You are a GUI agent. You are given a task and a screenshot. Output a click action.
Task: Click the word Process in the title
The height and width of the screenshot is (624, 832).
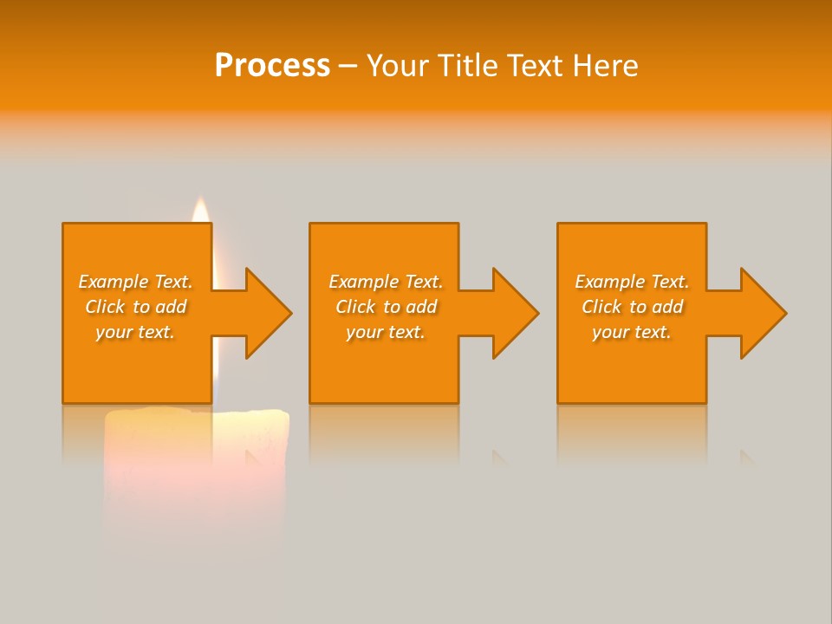click(x=272, y=66)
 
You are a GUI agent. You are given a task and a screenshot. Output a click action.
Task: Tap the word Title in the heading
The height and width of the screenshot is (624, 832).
click(x=469, y=66)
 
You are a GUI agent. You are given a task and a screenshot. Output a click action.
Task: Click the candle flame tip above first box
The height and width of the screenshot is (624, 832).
click(x=200, y=208)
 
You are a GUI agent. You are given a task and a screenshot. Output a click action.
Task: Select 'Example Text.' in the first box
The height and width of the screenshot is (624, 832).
click(x=135, y=282)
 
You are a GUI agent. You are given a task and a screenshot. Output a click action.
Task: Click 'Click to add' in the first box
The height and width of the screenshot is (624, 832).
click(x=135, y=307)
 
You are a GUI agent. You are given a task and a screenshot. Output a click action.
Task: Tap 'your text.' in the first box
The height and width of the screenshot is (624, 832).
click(x=135, y=332)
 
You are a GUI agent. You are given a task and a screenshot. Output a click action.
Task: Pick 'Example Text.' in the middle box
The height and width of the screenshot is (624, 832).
click(x=386, y=282)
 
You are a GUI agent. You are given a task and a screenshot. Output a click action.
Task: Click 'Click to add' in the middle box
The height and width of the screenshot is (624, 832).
click(x=386, y=307)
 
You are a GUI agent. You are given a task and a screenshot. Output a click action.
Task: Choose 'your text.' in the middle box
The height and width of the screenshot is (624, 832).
click(x=386, y=332)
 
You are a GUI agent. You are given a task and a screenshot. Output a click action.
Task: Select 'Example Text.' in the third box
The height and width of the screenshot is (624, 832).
click(x=632, y=282)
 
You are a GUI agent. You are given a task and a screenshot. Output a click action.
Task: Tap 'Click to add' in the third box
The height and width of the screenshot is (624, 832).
click(x=632, y=307)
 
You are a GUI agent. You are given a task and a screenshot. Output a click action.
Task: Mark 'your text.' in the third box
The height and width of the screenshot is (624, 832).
click(x=632, y=332)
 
